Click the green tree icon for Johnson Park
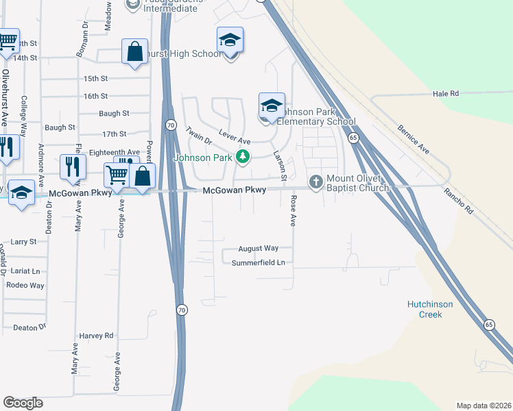coord(242,158)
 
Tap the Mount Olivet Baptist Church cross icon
coord(316,182)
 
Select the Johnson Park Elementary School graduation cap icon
coord(272,105)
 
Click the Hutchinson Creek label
coord(434,309)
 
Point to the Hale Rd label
coord(445,93)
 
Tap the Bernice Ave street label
coord(414,139)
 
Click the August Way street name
coord(258,249)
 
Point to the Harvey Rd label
coord(95,336)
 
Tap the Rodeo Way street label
coord(25,285)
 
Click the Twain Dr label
coord(198,135)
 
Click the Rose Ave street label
coord(293,211)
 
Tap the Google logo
coord(23,403)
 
